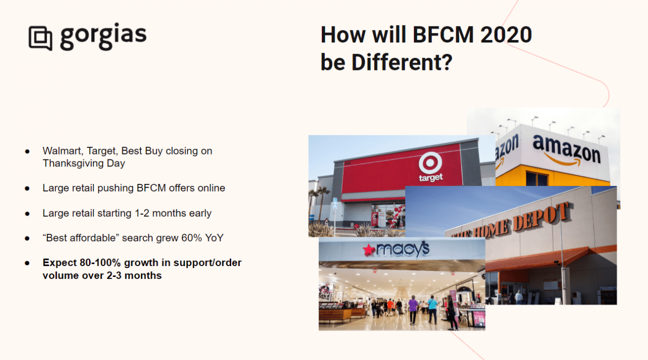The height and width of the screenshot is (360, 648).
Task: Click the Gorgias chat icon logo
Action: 41,38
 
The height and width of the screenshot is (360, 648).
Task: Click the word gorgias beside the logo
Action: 103,36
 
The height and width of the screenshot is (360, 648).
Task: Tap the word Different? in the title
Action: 402,62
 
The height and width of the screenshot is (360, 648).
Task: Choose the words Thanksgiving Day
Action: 84,163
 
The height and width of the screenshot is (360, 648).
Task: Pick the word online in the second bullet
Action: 211,188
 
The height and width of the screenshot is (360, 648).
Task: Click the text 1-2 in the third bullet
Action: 142,213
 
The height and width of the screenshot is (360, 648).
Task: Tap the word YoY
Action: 214,238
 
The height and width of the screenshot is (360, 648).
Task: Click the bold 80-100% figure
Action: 100,262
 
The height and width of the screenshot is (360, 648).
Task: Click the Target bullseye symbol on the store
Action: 430,163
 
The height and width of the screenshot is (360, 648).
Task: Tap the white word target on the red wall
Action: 431,177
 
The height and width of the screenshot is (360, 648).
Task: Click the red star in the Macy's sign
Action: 369,250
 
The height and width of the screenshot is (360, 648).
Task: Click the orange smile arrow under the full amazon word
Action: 562,160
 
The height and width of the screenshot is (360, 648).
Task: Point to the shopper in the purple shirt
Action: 413,310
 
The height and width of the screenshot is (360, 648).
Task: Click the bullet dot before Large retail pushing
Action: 27,188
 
